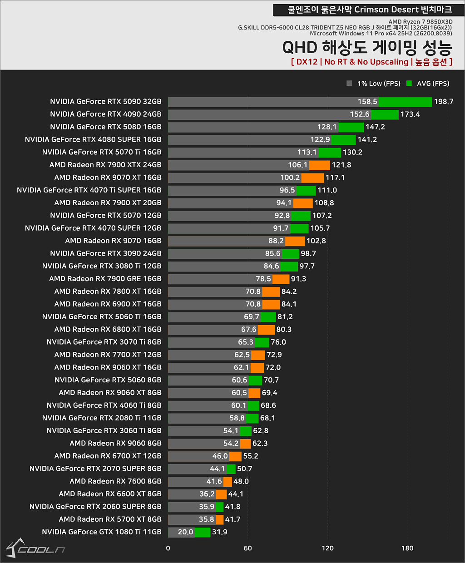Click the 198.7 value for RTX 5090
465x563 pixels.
coord(443,102)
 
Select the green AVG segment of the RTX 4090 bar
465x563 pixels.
coord(385,114)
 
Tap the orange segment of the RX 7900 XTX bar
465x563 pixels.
coord(319,165)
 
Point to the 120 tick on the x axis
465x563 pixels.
coord(327,548)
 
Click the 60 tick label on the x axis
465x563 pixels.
coord(247,548)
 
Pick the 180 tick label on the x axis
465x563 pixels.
coord(407,548)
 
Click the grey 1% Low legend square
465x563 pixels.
coord(349,83)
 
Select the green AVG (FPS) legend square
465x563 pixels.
coord(409,83)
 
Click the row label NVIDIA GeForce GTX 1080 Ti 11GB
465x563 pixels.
coord(102,532)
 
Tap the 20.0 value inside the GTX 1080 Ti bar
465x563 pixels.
coord(185,532)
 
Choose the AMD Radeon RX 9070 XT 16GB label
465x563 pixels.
coord(108,178)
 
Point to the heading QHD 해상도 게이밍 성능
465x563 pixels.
coord(367,48)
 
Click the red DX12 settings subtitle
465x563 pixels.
coord(371,62)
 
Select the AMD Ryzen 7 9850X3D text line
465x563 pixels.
coord(420,22)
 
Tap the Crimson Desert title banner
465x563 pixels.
coord(369,10)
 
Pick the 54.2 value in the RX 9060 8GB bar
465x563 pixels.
coord(231,444)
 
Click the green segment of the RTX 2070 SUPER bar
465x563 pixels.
coord(231,469)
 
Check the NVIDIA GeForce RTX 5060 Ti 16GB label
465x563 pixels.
coord(102,317)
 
